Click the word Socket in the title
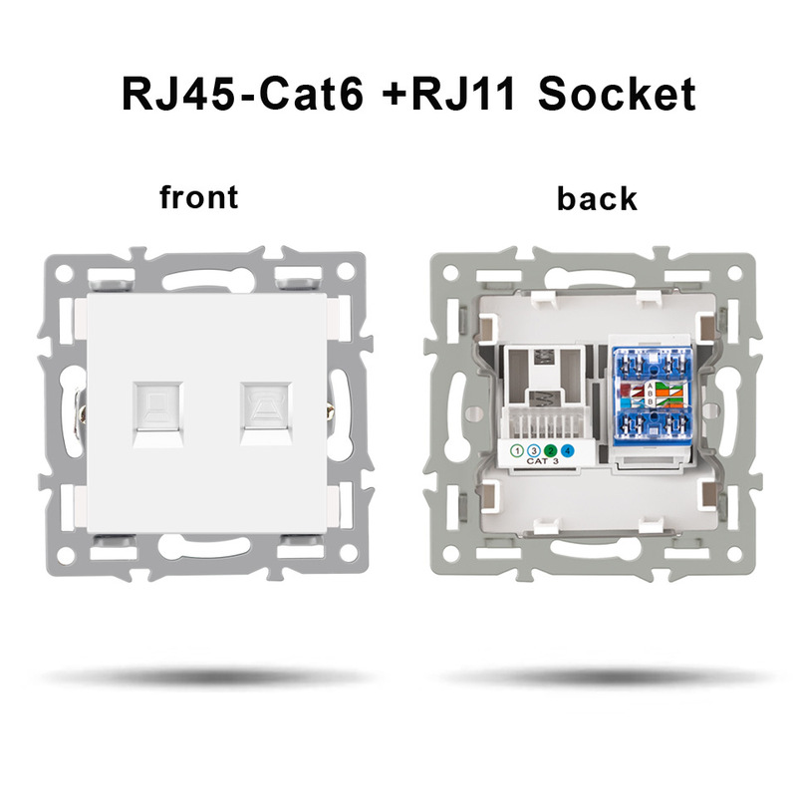point(615,95)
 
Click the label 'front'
point(199,196)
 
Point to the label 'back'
point(597,198)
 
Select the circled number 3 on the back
point(534,452)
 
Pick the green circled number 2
point(550,452)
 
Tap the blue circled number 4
point(566,452)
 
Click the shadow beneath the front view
point(199,676)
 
